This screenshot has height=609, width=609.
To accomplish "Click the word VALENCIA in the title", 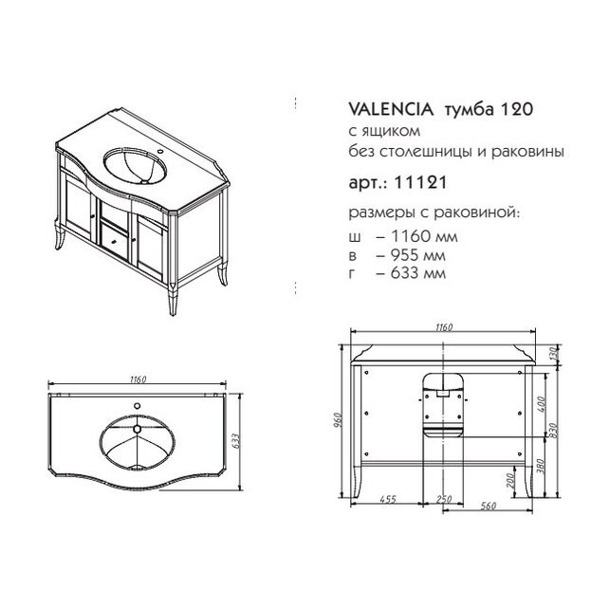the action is pyautogui.click(x=391, y=109).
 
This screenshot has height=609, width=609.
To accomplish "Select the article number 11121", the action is pyautogui.click(x=420, y=182).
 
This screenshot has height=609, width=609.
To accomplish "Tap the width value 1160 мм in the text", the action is pyautogui.click(x=424, y=236).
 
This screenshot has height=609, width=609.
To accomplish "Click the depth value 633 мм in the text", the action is pyautogui.click(x=418, y=273).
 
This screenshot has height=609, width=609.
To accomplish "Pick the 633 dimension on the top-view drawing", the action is pyautogui.click(x=236, y=440).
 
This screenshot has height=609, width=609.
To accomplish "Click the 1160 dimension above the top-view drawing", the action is pyautogui.click(x=138, y=378).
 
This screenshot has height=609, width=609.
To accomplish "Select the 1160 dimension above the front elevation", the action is pyautogui.click(x=444, y=327).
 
